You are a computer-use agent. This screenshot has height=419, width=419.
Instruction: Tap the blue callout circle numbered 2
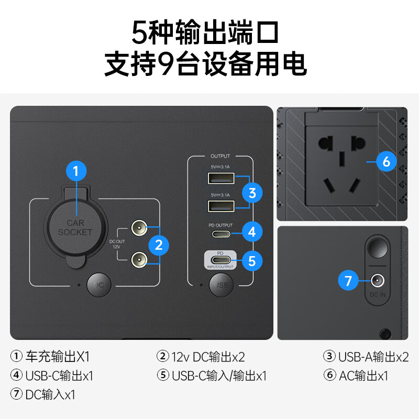click(159, 244)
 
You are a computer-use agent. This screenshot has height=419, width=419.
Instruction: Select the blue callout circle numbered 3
click(252, 192)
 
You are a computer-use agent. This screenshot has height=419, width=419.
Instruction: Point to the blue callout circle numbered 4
click(252, 231)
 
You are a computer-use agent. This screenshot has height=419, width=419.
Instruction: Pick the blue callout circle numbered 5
click(252, 260)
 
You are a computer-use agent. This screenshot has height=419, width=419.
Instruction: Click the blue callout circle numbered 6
click(387, 162)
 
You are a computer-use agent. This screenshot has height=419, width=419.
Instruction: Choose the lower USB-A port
click(220, 206)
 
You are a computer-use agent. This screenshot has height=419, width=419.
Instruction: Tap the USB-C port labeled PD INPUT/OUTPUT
click(220, 260)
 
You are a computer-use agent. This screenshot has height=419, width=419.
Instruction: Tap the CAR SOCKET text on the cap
click(75, 227)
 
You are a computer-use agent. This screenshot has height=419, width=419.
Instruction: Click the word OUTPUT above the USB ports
click(220, 156)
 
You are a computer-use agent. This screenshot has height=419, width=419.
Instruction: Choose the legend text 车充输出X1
click(58, 357)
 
